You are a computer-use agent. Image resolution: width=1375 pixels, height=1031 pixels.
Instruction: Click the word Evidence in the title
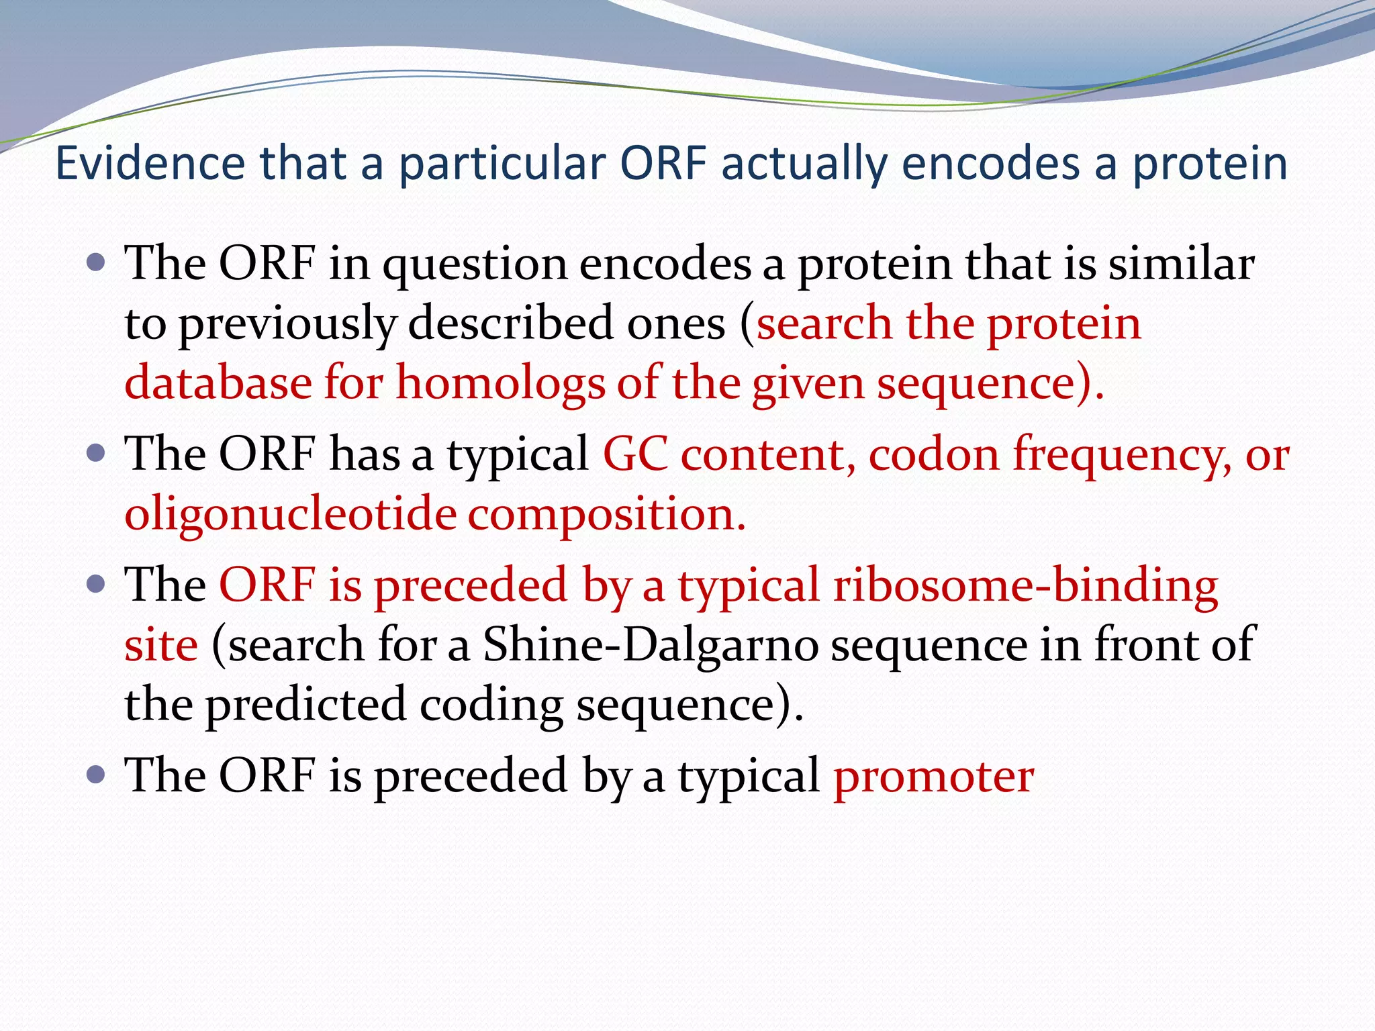[150, 163]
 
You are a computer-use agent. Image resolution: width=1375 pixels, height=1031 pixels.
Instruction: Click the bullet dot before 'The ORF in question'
[97, 262]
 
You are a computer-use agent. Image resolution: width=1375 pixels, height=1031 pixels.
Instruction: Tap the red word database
[218, 383]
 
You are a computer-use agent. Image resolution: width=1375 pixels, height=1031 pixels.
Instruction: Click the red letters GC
[635, 454]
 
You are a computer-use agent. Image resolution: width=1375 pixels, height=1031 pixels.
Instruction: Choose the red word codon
[934, 454]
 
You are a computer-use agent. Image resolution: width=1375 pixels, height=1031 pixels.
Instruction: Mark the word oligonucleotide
[290, 515]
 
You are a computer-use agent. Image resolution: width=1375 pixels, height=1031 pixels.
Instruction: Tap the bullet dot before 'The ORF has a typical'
[97, 453]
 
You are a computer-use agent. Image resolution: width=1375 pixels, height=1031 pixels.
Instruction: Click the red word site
[161, 644]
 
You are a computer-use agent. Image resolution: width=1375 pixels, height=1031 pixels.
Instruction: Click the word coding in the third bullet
[491, 705]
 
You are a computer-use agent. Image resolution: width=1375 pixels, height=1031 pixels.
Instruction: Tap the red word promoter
[933, 777]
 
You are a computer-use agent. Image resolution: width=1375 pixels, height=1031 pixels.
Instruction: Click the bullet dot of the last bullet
[97, 775]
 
